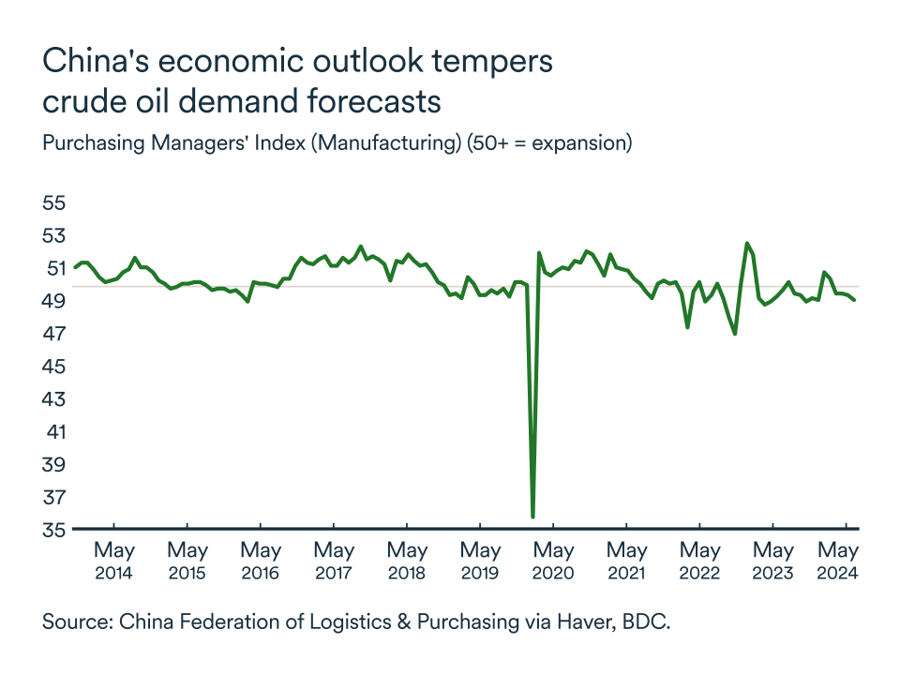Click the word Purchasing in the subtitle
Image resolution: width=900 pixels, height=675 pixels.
[x=90, y=144]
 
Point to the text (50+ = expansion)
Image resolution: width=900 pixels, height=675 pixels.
[x=551, y=144]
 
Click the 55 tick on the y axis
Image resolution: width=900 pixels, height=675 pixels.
[x=54, y=202]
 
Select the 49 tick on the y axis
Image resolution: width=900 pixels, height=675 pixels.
[x=54, y=301]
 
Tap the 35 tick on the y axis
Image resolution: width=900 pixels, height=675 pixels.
[x=54, y=530]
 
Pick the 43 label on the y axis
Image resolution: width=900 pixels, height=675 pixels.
[x=54, y=398]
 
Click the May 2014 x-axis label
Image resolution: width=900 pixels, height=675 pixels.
[x=113, y=561]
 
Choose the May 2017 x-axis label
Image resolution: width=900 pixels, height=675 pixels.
[x=334, y=561]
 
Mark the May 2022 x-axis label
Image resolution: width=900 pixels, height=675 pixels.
[x=699, y=561]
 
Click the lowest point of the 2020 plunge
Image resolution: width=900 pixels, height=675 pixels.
[x=532, y=517]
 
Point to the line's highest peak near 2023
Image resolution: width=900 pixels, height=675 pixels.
[x=747, y=244]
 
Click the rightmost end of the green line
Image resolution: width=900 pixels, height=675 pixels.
[x=854, y=300]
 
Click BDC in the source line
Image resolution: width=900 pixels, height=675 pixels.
[x=647, y=622]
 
